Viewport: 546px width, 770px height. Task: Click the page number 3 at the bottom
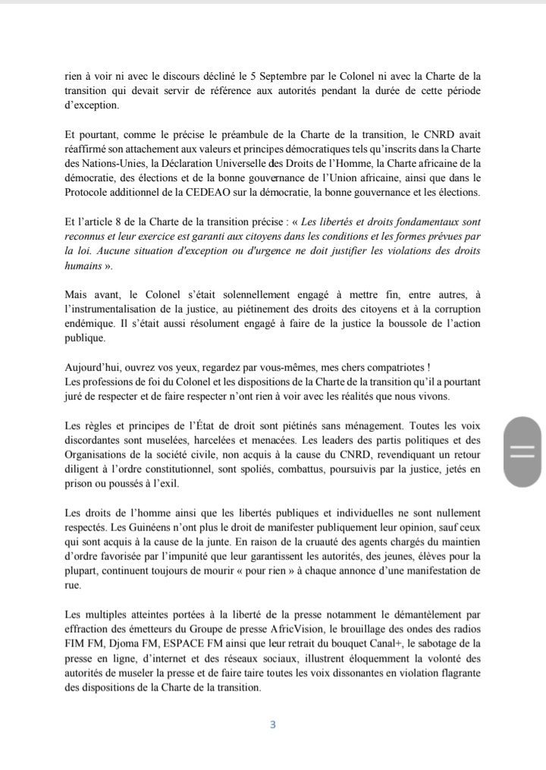(273, 724)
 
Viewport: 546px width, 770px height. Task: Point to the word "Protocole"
(88, 192)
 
